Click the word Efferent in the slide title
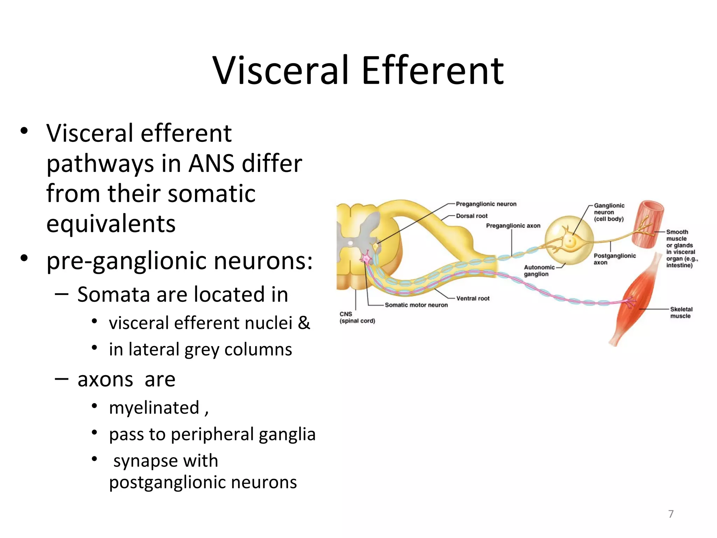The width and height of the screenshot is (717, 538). coord(432,71)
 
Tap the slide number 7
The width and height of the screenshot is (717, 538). coord(671,514)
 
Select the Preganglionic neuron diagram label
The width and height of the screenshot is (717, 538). coord(486,204)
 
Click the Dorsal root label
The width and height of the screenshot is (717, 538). coord(472,216)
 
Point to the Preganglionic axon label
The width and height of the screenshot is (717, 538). coord(513,226)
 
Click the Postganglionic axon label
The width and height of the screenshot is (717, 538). coord(614,259)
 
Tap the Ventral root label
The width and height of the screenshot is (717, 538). coord(473,298)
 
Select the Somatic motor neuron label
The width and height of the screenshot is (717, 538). coord(416,305)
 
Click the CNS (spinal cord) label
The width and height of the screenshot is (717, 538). coord(357,317)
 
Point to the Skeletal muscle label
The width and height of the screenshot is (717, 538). coord(681,312)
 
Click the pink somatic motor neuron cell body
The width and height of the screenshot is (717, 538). coord(366,258)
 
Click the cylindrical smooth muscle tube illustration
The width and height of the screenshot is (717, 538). coord(648,224)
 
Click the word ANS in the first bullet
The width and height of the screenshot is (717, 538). coord(211,164)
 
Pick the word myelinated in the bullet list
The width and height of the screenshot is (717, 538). coord(154,408)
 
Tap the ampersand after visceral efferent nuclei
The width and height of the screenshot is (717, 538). coord(304,323)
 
